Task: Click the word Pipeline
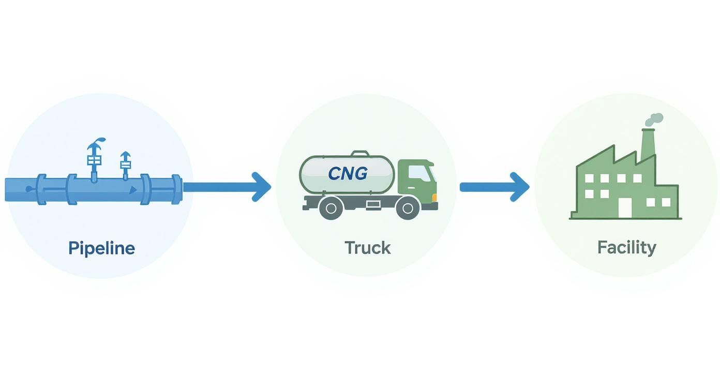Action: (x=101, y=248)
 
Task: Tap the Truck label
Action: (x=367, y=248)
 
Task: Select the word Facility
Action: (x=626, y=247)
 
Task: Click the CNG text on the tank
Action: (x=348, y=173)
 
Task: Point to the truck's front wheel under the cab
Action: (x=407, y=208)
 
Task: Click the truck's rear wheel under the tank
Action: (x=331, y=208)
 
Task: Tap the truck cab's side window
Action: (x=419, y=174)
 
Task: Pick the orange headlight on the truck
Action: (x=434, y=197)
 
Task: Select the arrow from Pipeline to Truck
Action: (x=228, y=187)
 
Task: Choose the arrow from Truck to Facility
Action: (x=494, y=187)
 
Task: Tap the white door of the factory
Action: (x=625, y=207)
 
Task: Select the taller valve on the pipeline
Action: (x=94, y=158)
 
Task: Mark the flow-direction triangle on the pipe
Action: (x=133, y=190)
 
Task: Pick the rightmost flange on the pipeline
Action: (x=177, y=189)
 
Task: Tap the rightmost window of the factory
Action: (x=666, y=202)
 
